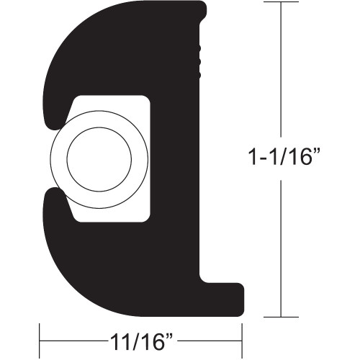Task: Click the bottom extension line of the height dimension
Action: click(279, 317)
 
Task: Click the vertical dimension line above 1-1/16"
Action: click(279, 72)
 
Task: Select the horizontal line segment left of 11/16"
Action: click(72, 337)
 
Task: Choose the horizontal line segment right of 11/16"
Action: click(209, 337)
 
